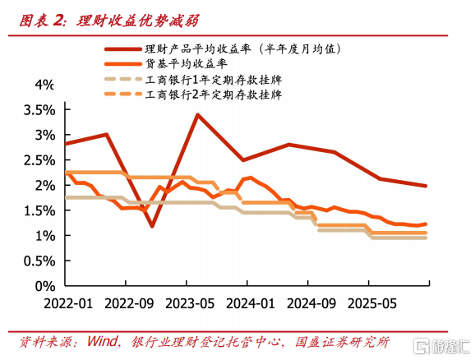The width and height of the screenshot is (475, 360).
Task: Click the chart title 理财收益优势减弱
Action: (x=137, y=21)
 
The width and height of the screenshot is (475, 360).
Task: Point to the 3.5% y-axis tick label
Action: (x=39, y=110)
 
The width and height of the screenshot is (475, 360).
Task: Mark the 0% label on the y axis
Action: (x=45, y=286)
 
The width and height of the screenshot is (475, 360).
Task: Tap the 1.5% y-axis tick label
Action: (x=39, y=210)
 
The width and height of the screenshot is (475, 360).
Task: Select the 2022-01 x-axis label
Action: (x=68, y=303)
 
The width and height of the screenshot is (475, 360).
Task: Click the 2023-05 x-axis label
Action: (x=190, y=303)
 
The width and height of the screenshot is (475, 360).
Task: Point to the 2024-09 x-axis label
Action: (x=311, y=303)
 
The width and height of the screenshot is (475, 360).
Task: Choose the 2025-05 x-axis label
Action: (x=372, y=303)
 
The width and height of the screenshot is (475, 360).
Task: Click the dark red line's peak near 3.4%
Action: (x=197, y=115)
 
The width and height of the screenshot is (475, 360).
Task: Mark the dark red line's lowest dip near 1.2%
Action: (x=152, y=226)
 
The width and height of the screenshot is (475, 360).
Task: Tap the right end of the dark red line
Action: (x=426, y=186)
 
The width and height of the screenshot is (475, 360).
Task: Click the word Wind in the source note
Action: (x=102, y=341)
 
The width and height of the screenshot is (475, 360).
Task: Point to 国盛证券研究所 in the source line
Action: (x=343, y=342)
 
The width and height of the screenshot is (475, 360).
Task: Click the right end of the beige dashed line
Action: (x=426, y=238)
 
